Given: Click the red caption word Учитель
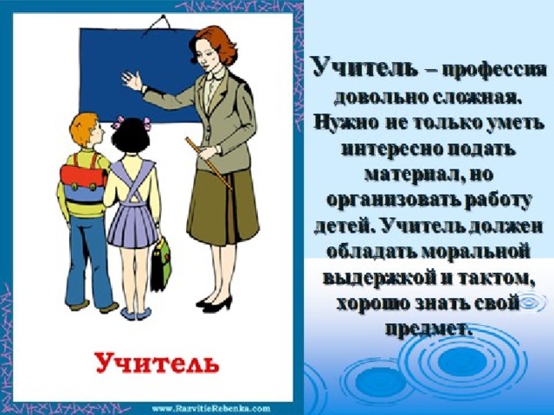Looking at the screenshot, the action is click(x=158, y=363).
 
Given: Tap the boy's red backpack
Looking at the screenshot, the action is click(x=84, y=176).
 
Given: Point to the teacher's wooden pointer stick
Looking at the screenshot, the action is click(x=209, y=163).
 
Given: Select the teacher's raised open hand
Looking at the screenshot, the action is click(x=132, y=81).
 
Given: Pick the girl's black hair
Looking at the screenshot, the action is click(x=131, y=136).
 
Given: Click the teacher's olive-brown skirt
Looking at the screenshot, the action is click(x=223, y=208).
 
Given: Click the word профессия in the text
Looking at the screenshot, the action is click(x=493, y=71).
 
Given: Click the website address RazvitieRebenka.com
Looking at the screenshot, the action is click(x=211, y=408).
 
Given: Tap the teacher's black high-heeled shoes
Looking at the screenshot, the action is click(x=214, y=303).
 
